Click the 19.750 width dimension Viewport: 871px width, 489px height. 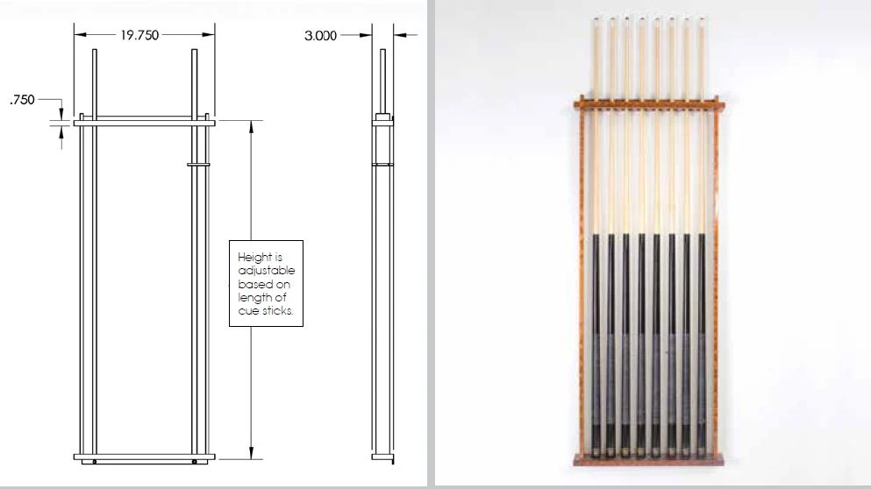[x=139, y=35]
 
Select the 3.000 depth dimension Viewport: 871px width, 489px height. [x=320, y=36]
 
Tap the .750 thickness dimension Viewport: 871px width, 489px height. [x=22, y=100]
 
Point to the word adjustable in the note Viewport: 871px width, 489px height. [x=267, y=271]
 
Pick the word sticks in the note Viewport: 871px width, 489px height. [x=277, y=311]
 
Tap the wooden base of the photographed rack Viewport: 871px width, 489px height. [x=648, y=460]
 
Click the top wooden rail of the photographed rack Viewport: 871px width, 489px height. [x=649, y=103]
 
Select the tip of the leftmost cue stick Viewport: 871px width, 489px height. [x=596, y=20]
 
